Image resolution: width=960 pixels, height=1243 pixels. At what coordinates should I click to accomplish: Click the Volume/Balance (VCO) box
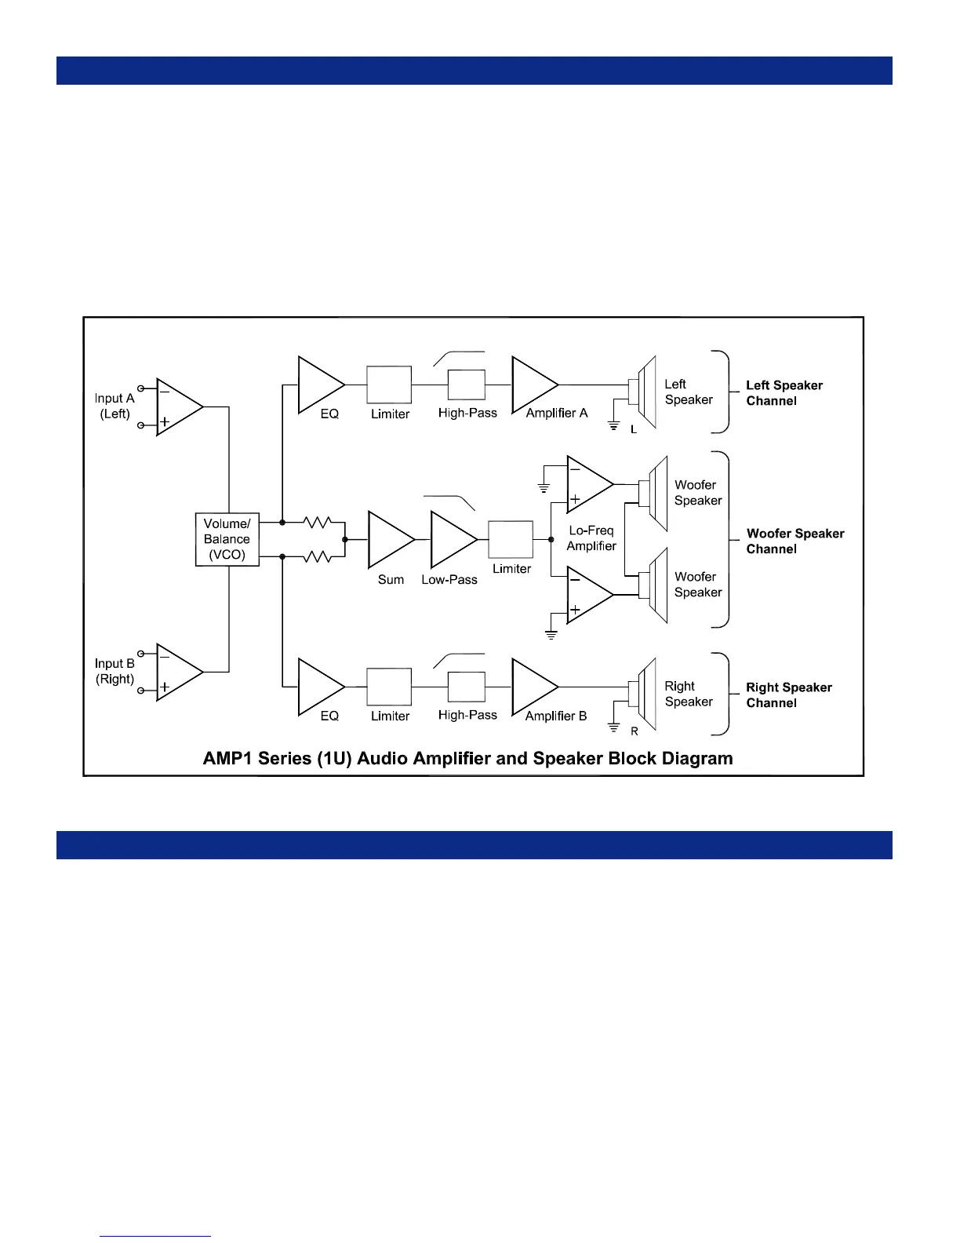(x=227, y=539)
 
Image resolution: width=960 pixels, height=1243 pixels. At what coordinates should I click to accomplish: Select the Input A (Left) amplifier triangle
(x=176, y=407)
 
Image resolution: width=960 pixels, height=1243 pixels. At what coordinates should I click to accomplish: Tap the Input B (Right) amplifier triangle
(x=176, y=672)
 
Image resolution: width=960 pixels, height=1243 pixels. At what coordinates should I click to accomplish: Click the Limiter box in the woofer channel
(x=511, y=540)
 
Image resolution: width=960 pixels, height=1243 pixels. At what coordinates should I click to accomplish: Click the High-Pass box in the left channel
(x=467, y=385)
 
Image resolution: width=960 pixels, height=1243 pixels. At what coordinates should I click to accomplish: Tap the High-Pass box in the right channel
(x=467, y=687)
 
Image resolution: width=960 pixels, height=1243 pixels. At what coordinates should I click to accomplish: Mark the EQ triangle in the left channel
(x=318, y=385)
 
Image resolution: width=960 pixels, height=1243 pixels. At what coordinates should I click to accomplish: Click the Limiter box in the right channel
(x=389, y=687)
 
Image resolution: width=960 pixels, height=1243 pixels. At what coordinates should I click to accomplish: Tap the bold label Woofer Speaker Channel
(x=795, y=541)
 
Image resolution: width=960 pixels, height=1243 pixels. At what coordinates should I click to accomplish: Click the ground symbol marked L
(x=614, y=426)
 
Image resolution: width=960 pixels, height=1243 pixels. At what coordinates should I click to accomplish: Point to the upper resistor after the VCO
(x=317, y=522)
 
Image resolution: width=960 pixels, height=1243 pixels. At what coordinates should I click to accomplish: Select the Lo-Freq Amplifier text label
(x=591, y=538)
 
